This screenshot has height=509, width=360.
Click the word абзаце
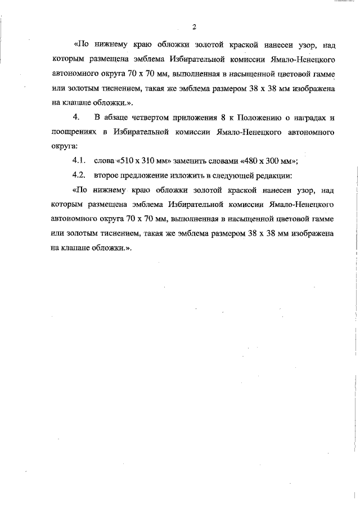116,117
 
